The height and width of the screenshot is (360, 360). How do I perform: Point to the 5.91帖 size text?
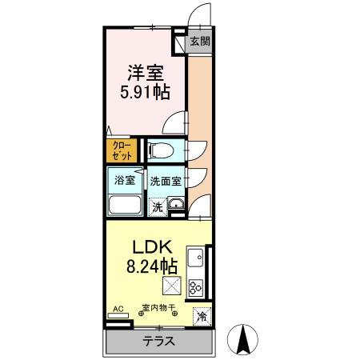144,92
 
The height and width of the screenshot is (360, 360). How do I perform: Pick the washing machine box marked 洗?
158,206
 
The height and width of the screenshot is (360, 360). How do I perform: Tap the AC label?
118,308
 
